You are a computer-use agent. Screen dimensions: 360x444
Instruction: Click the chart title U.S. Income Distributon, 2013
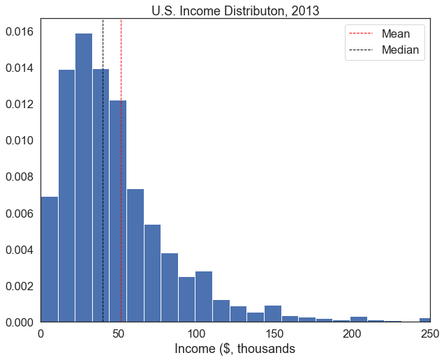[x=235, y=10]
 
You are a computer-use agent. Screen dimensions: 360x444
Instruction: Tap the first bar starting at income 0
[x=50, y=259]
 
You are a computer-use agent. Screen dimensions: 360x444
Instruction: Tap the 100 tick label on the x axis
[x=196, y=334]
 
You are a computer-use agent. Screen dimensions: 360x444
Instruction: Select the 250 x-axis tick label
[x=430, y=334]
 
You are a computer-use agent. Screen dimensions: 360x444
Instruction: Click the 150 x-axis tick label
[x=274, y=334]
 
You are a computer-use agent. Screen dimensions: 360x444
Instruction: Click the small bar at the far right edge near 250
[x=425, y=320]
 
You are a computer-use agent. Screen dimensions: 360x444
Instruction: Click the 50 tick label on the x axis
[x=119, y=334]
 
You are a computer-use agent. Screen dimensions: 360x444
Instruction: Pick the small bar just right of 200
[x=359, y=320]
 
